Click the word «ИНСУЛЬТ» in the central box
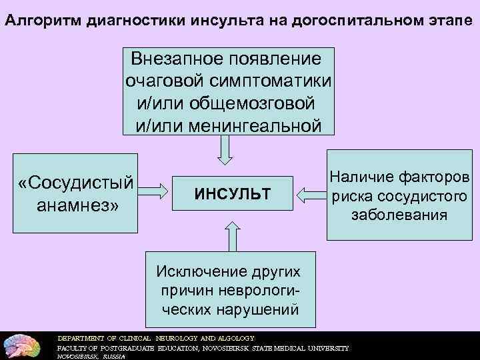pyautogui.click(x=233, y=194)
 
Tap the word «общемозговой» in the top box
pyautogui.click(x=251, y=103)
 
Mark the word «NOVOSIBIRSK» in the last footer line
pyautogui.click(x=75, y=356)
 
